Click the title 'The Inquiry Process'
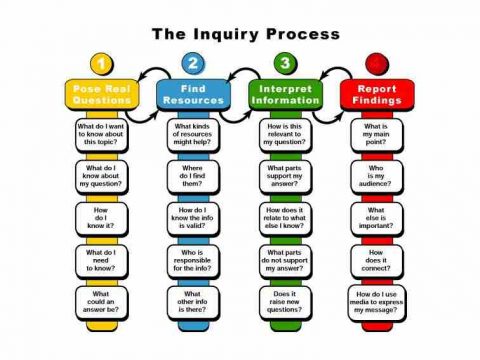click(x=240, y=35)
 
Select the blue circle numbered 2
click(x=193, y=64)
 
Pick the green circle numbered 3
click(x=285, y=64)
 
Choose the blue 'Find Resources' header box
click(x=193, y=95)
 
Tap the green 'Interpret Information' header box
click(x=284, y=95)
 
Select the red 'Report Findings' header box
click(x=376, y=95)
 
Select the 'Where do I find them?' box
click(x=193, y=177)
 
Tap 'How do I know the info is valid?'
click(x=193, y=219)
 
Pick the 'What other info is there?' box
click(x=193, y=302)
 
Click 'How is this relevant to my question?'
click(x=284, y=135)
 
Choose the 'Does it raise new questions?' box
click(x=284, y=302)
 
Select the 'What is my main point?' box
click(x=376, y=135)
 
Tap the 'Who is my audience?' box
click(x=376, y=177)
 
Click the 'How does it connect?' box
click(x=376, y=260)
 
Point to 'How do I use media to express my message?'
click(x=376, y=302)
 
